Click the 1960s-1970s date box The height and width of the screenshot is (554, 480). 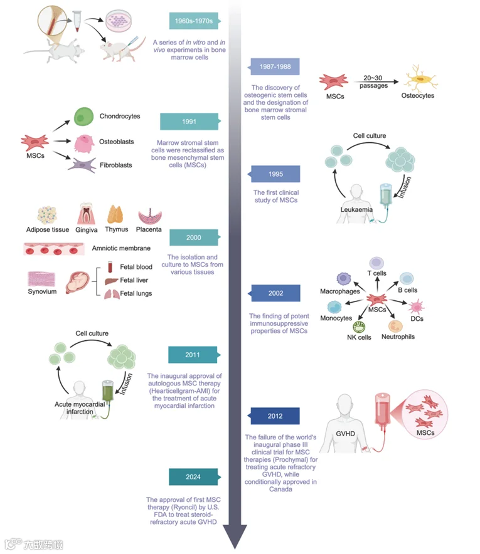[x=195, y=21]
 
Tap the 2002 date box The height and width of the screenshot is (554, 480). [x=274, y=293]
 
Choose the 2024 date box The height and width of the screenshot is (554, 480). [x=194, y=477]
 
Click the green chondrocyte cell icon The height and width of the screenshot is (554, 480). [x=83, y=117]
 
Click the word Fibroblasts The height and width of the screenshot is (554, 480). [x=115, y=165]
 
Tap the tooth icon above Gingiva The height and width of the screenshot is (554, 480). [x=86, y=214]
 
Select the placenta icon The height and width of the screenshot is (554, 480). [x=149, y=216]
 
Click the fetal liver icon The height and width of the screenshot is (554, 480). [x=111, y=281]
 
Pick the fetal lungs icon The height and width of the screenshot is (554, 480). [x=112, y=294]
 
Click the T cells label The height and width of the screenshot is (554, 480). [x=376, y=273]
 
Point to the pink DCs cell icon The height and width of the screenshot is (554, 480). [x=417, y=306]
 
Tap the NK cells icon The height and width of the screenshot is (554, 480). [x=359, y=327]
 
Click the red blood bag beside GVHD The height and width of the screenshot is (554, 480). [x=382, y=410]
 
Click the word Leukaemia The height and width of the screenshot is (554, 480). [x=356, y=209]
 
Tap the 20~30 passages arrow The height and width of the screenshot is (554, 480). [x=376, y=82]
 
